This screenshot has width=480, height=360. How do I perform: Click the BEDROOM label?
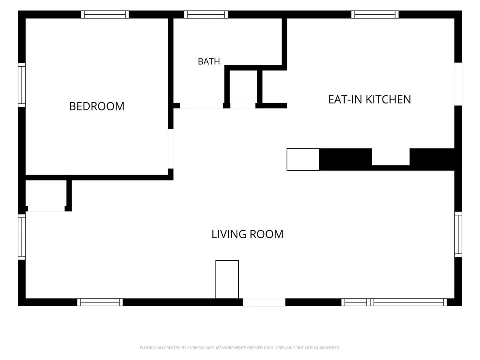coord(97,106)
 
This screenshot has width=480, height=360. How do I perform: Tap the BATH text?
coord(209,62)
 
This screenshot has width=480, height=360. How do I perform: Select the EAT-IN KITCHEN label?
coord(370,100)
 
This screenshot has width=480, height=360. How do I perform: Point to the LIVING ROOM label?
coord(247,234)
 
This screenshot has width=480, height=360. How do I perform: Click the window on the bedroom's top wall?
coord(105,14)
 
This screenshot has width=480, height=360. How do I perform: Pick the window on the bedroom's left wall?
coord(22,85)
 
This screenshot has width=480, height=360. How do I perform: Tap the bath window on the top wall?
coord(206,14)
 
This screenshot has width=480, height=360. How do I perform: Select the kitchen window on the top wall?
coord(375,14)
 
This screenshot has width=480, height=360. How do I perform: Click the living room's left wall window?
coord(22,237)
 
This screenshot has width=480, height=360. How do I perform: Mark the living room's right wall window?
coord(458,234)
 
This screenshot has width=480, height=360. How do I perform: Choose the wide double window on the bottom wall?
coord(394,302)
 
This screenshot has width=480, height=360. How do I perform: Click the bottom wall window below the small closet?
coord(100,302)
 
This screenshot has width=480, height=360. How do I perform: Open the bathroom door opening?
coord(201,106)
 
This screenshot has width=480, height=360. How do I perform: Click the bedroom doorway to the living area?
coord(171,149)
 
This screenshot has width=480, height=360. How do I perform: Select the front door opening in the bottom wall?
coord(264,302)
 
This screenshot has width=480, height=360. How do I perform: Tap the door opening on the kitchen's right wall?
coord(458,84)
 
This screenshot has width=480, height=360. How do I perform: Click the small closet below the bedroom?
coord(46,193)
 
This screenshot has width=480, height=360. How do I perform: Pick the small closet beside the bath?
coord(243,87)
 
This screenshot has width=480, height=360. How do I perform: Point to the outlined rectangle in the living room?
coord(227,279)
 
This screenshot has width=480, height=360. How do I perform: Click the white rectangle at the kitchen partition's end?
coord(303,159)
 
